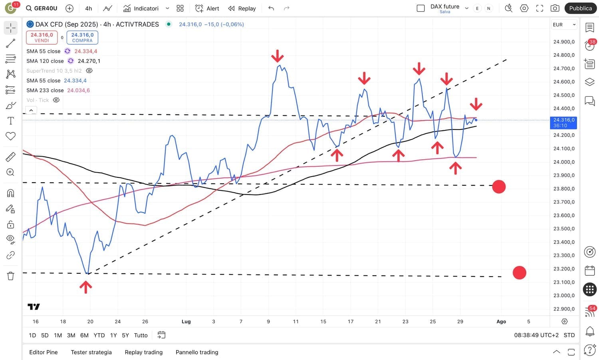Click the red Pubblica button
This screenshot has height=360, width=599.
580,8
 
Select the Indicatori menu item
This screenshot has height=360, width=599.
146,8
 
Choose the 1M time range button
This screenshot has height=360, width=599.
58,335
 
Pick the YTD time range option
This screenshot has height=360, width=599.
99,335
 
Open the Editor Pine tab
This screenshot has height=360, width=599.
44,352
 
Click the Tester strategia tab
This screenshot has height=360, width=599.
91,352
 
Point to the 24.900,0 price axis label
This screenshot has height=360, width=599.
564,42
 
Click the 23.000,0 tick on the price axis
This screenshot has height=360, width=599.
564,295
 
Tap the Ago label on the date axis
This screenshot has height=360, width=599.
501,321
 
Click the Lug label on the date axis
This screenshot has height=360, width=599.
186,321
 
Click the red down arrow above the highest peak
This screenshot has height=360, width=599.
277,56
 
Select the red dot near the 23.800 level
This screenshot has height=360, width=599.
499,187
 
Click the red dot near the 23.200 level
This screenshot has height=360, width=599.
519,273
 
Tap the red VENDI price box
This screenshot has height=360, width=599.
42,37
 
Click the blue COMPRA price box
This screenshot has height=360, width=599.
82,37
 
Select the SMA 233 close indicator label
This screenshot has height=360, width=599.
45,90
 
